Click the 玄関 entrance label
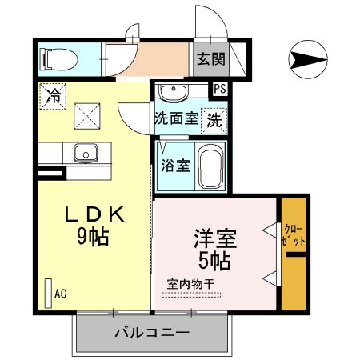pos(210,58)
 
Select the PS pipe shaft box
pos(218,90)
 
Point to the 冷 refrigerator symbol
pos(54,97)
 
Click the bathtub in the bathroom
pos(210,167)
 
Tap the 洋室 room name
pos(214,238)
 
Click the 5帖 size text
pos(214,260)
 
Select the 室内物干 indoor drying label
pos(190,283)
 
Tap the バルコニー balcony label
pos(151,332)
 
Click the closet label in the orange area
pos(294,233)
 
